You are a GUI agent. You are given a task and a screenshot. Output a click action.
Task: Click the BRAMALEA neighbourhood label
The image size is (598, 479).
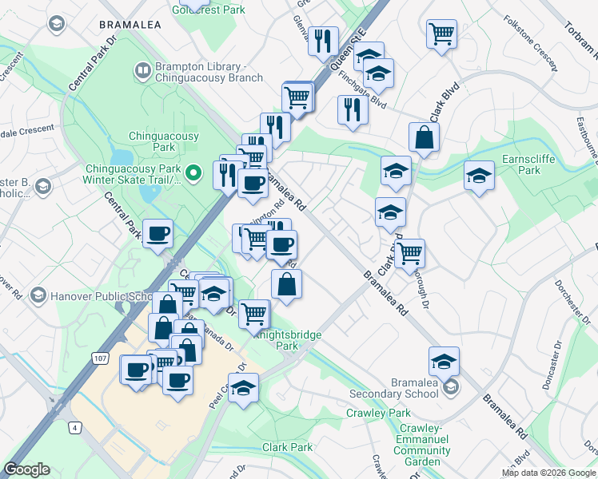[130, 25]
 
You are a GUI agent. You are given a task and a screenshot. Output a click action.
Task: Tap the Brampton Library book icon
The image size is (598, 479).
[143, 72]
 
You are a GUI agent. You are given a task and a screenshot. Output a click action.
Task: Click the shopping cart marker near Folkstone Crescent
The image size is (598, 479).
[441, 35]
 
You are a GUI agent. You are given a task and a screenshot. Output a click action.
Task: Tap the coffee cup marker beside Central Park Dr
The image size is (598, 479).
[157, 234]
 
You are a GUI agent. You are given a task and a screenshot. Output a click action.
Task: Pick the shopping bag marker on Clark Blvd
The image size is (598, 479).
[424, 138]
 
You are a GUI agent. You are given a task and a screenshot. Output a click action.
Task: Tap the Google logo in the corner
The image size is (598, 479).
[26, 469]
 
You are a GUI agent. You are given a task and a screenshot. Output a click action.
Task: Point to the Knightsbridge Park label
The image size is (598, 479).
[287, 340]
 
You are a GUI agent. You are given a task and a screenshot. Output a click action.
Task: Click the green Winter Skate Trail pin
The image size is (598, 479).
[192, 172]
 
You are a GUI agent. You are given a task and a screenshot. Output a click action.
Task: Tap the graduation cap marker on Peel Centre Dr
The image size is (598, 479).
[245, 390]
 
